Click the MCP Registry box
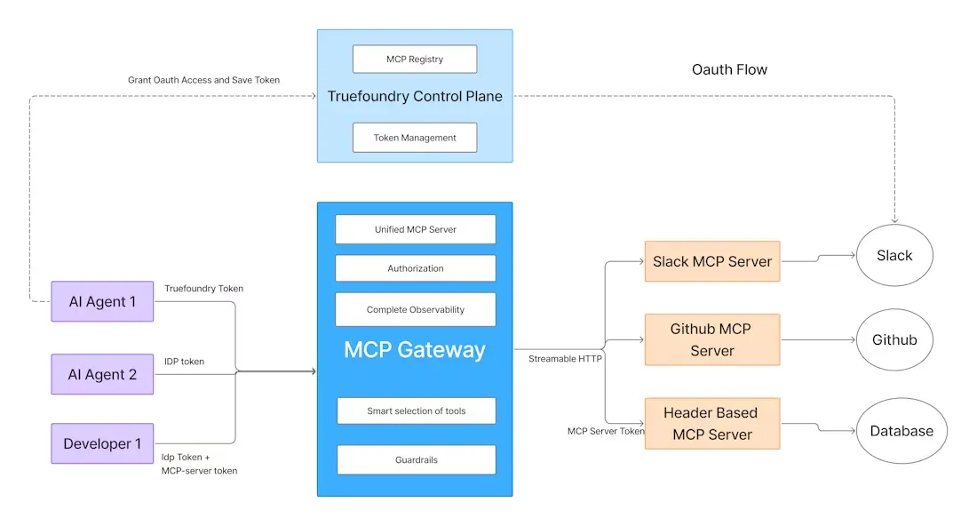click(x=415, y=60)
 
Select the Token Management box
click(x=415, y=138)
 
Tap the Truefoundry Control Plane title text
click(x=415, y=96)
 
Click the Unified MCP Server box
click(x=415, y=229)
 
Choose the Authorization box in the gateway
click(x=415, y=268)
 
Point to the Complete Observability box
click(x=415, y=309)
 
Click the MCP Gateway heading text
click(x=415, y=349)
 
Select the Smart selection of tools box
click(x=416, y=410)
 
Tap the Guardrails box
click(x=416, y=459)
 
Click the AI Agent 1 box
click(x=102, y=301)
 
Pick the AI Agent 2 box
click(x=102, y=374)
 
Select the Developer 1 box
click(x=102, y=443)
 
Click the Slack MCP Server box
click(x=711, y=261)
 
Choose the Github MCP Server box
click(x=711, y=339)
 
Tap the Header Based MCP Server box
click(x=711, y=423)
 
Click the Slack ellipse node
click(x=894, y=256)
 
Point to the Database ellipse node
click(x=901, y=431)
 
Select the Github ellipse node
click(x=894, y=339)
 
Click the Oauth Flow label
click(x=729, y=69)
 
